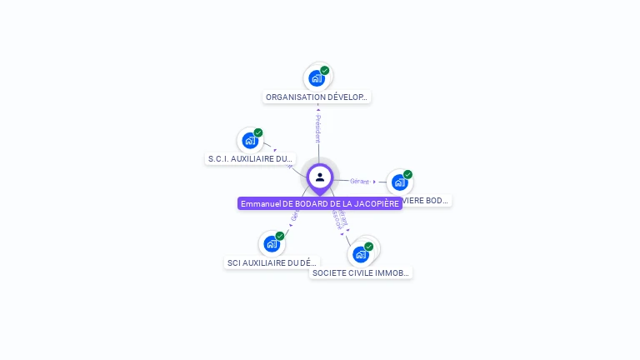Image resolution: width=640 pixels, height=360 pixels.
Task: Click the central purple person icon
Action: [x=320, y=177]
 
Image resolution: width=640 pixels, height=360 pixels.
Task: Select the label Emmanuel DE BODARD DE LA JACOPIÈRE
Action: [x=320, y=203]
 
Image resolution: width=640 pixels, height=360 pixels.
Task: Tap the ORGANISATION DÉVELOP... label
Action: [x=316, y=97]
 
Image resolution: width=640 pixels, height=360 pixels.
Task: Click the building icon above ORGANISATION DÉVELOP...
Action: [x=316, y=78]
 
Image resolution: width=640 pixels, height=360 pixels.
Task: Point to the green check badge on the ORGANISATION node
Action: [x=325, y=71]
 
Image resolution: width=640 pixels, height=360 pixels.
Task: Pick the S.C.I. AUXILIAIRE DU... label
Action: [x=250, y=158]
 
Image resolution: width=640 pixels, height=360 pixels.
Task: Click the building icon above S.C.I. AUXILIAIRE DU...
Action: [x=249, y=140]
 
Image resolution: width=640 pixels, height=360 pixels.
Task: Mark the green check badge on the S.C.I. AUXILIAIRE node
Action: [x=258, y=132]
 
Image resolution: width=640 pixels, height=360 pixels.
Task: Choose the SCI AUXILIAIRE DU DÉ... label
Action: [x=272, y=262]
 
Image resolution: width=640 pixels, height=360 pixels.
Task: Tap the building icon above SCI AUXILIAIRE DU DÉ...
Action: [x=271, y=244]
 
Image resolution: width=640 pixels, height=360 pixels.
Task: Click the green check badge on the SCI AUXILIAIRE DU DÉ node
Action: [x=280, y=236]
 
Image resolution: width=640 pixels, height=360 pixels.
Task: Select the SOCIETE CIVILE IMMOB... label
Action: [x=361, y=272]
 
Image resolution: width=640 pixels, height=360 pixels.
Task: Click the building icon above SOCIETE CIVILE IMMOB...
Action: [x=360, y=254]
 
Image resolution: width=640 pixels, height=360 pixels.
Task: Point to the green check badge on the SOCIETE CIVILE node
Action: [x=368, y=247]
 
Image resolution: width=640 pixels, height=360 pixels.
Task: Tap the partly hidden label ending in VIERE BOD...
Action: [x=426, y=201]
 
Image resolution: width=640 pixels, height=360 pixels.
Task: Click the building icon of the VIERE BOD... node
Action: [x=399, y=182]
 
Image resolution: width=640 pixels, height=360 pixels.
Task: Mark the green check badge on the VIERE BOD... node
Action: [x=407, y=175]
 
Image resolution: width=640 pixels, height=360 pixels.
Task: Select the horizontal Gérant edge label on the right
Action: [x=359, y=181]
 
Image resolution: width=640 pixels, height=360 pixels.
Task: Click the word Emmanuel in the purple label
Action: [x=260, y=203]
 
